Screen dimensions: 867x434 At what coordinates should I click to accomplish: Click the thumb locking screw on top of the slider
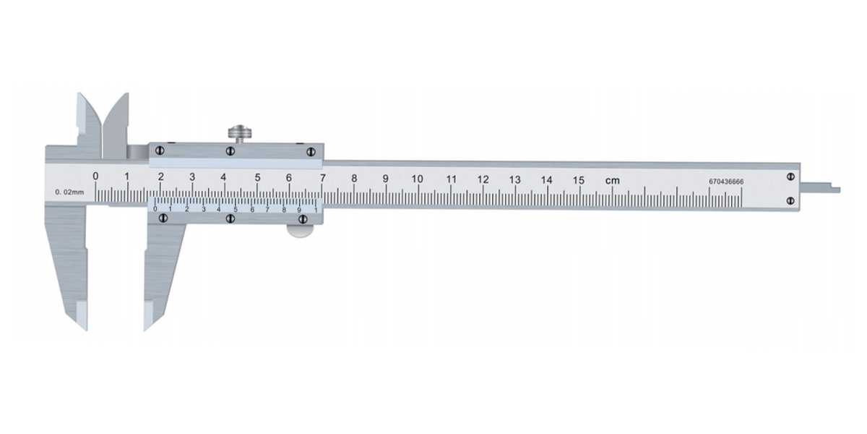pos(240,133)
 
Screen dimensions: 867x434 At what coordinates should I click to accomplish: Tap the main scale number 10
pos(417,179)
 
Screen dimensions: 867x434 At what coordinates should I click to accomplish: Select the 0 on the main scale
pos(95,176)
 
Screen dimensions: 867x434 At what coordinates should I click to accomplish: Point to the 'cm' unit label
pos(613,181)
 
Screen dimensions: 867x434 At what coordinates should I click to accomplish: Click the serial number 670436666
pos(726,182)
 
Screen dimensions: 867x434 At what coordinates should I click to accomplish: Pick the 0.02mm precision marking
pos(69,192)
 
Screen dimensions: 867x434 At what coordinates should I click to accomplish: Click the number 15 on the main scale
pos(578,180)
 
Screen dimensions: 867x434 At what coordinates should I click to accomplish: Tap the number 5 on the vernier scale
pos(236,210)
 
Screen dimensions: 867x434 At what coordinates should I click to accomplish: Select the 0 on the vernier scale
pos(155,209)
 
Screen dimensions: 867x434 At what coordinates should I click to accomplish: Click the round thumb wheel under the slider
pos(300,231)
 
